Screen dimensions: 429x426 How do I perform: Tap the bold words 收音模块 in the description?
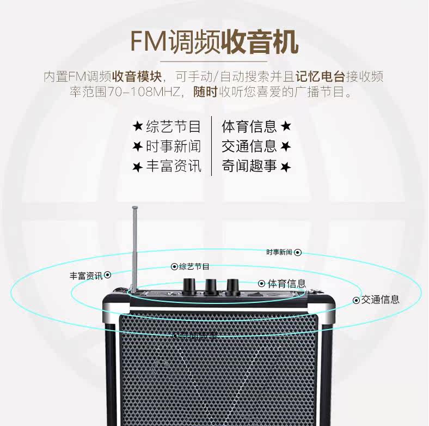point(136,76)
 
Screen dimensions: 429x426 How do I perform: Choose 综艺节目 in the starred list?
point(174,127)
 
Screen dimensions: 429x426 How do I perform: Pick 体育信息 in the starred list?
point(249,127)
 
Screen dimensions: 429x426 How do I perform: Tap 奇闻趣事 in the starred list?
point(249,166)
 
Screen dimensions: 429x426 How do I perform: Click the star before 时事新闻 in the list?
point(138,147)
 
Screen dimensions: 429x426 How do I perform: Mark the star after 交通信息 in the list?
point(286,147)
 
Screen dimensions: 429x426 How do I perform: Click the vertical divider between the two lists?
point(211,146)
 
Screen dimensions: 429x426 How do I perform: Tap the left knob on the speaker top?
point(191,285)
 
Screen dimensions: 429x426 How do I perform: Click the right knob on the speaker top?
point(233,285)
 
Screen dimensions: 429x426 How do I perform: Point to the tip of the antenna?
point(133,207)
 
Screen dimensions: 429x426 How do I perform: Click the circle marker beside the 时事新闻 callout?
point(298,253)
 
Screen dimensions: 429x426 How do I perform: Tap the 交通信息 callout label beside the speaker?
point(381,300)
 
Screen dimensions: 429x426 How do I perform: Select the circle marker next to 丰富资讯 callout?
point(108,275)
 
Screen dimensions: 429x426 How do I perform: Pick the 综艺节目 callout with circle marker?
point(191,266)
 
